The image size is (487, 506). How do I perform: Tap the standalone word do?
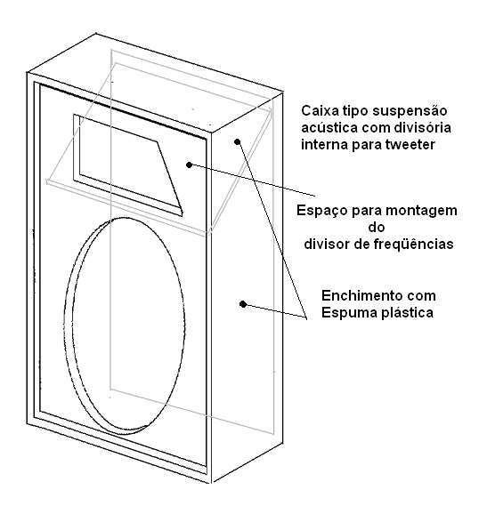click(x=377, y=228)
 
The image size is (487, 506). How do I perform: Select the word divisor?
click(x=326, y=244)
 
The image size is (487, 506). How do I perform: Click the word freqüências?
click(x=414, y=244)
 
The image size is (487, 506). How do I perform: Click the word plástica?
click(x=407, y=313)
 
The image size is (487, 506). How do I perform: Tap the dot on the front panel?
click(x=190, y=165)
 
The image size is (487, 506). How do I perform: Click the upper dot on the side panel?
click(x=238, y=141)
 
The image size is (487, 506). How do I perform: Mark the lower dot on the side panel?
click(x=243, y=304)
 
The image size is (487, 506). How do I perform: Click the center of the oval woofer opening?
click(x=125, y=325)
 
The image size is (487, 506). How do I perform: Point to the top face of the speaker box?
click(x=155, y=83)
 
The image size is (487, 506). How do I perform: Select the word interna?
click(x=324, y=145)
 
